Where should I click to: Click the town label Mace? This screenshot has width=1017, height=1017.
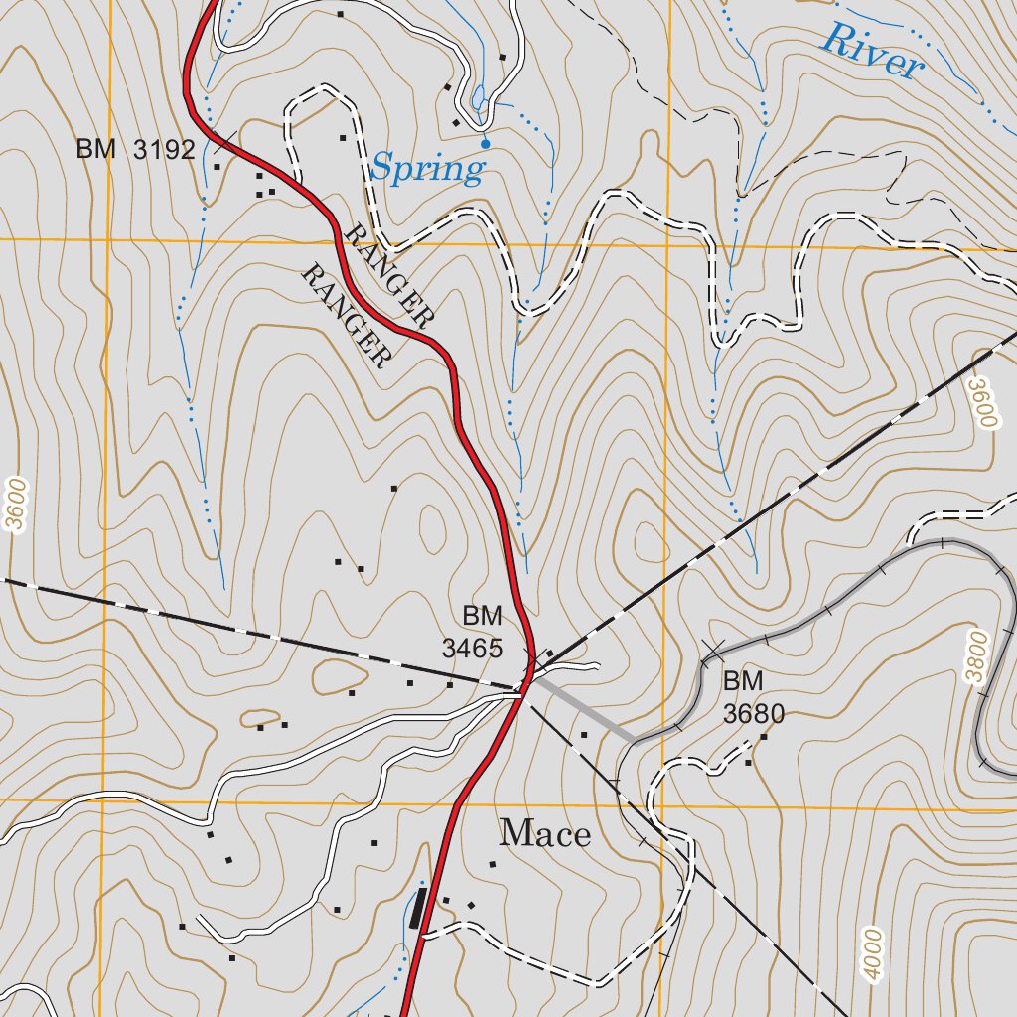click(x=544, y=833)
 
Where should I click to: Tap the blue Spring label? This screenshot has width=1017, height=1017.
click(x=427, y=168)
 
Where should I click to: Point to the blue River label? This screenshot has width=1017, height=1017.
click(x=872, y=51)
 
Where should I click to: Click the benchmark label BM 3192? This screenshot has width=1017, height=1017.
click(x=135, y=150)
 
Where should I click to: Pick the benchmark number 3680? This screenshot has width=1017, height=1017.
click(x=754, y=713)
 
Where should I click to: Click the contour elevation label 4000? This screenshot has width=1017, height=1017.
click(x=872, y=954)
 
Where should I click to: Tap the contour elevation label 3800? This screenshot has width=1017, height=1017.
click(x=978, y=656)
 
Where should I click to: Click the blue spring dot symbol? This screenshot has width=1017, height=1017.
click(x=485, y=144)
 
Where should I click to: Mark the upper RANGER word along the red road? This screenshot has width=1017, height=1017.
click(x=388, y=275)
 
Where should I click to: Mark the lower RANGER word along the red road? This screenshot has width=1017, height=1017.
click(x=344, y=316)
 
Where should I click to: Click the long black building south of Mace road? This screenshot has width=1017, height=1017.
click(x=417, y=908)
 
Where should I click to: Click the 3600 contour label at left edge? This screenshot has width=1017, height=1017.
click(x=15, y=506)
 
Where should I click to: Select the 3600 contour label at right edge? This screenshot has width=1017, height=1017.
click(x=983, y=402)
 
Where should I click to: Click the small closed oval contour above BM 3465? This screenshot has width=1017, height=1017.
click(x=432, y=527)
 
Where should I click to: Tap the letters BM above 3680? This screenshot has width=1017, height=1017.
click(x=742, y=681)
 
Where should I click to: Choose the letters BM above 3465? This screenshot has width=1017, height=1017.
click(x=482, y=615)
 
